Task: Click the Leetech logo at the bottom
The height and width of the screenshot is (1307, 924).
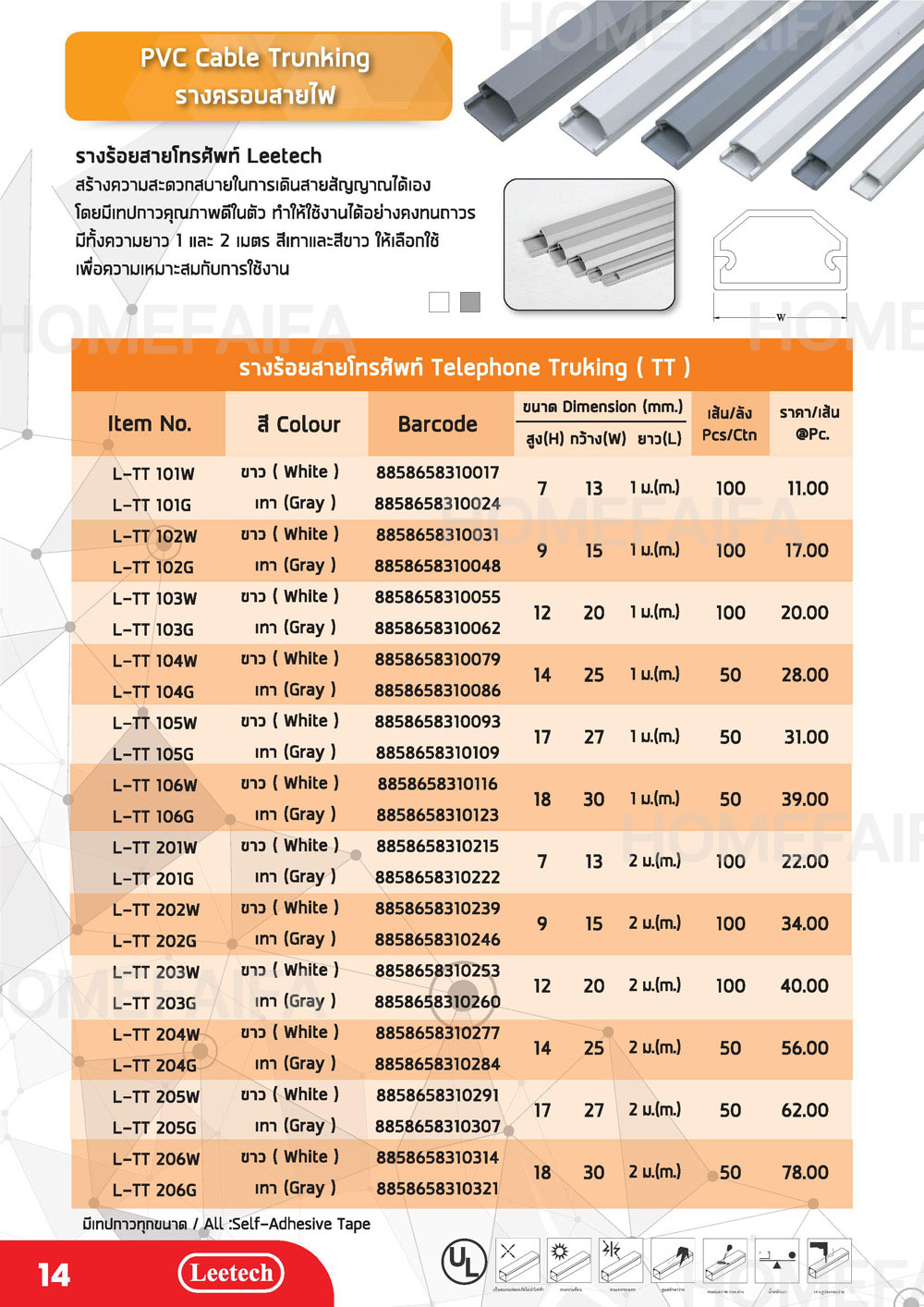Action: point(231,1273)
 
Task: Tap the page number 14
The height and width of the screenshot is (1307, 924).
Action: point(55,1276)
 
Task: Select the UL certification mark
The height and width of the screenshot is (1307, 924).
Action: point(465,1260)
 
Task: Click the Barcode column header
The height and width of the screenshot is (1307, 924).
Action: point(437,424)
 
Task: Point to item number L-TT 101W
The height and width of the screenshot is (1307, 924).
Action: point(153,474)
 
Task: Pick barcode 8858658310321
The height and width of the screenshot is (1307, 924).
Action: point(437,1189)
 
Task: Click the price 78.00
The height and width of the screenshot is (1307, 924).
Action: point(805,1172)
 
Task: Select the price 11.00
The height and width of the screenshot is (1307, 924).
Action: point(807,488)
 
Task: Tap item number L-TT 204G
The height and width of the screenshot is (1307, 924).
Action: point(154,1066)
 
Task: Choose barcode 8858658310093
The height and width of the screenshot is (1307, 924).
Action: point(437,721)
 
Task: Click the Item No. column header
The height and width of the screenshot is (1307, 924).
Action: point(149,424)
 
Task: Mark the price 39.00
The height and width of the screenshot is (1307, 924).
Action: point(805,799)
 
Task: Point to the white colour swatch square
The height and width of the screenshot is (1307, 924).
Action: point(439,301)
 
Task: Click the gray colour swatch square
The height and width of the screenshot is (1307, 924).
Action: point(470,301)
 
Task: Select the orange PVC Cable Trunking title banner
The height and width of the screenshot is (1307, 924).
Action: point(258,76)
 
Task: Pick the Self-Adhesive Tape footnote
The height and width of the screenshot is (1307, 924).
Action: point(226,1224)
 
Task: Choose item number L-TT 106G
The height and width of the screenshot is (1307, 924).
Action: point(153,816)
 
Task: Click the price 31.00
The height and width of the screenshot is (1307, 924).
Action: point(806,737)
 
